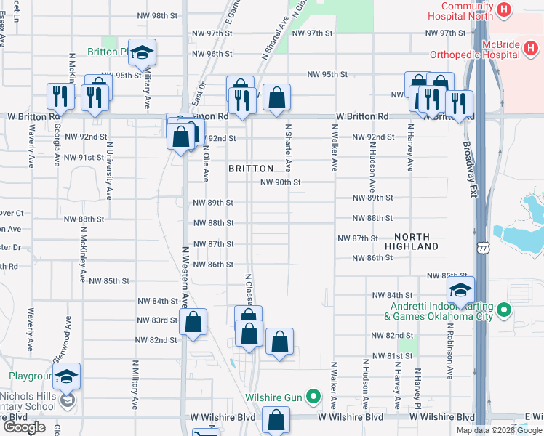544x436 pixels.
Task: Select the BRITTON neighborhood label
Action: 251,168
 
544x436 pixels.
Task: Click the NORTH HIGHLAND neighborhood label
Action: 417,241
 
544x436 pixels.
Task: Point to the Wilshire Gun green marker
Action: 313,397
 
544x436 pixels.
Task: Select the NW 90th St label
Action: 281,182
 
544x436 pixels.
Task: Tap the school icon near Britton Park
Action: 143,52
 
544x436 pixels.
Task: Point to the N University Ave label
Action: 109,171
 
